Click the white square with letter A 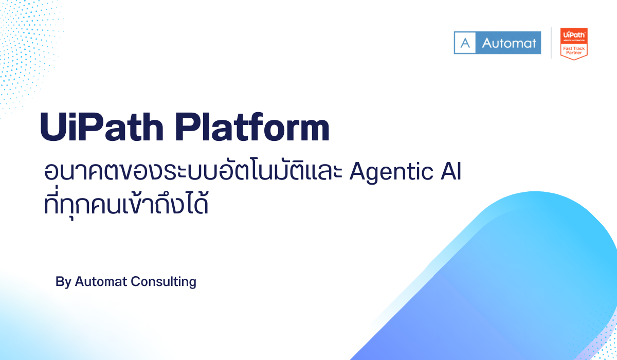coord(465,43)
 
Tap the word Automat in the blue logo coord(509,43)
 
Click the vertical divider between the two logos coord(551,43)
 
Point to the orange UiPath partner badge coord(573,43)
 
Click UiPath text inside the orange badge coord(573,33)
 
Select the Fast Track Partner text coord(573,49)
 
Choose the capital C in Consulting coord(135,282)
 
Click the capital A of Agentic coord(357,172)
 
